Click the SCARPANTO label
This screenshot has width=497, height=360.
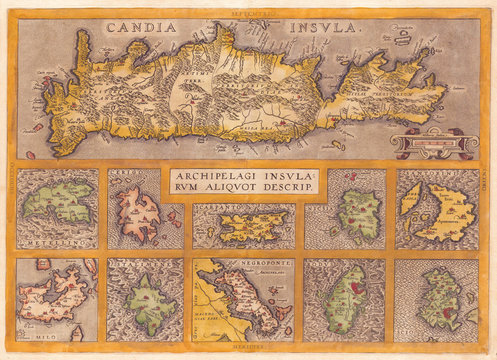[223, 211]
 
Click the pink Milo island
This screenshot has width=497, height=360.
[56, 299]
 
